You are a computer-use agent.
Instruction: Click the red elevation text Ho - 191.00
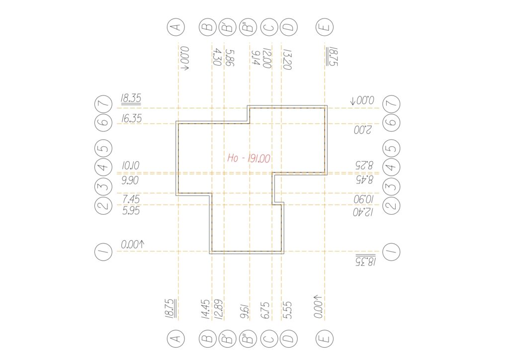click(249, 159)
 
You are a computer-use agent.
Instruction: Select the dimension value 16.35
click(131, 118)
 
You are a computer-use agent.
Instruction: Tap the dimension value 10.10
click(131, 166)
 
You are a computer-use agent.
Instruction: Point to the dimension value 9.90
click(130, 180)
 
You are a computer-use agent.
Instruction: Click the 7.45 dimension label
click(131, 199)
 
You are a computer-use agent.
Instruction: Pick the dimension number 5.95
click(131, 211)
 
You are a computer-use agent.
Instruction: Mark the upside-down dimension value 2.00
click(362, 130)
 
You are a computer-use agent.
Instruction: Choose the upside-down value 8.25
click(364, 165)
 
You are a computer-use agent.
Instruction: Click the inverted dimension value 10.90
click(364, 199)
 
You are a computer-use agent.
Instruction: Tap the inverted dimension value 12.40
click(363, 212)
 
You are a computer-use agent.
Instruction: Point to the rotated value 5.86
click(230, 58)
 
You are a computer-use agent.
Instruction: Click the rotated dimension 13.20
click(287, 60)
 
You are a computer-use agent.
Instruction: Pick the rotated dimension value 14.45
click(206, 310)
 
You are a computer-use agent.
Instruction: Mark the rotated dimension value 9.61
click(245, 312)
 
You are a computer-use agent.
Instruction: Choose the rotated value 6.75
click(265, 311)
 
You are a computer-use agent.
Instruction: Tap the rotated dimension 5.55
click(287, 311)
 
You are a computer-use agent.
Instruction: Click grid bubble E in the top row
click(325, 27)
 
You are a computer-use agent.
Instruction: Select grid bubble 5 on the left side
click(103, 149)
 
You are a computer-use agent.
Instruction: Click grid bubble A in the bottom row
click(176, 339)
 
